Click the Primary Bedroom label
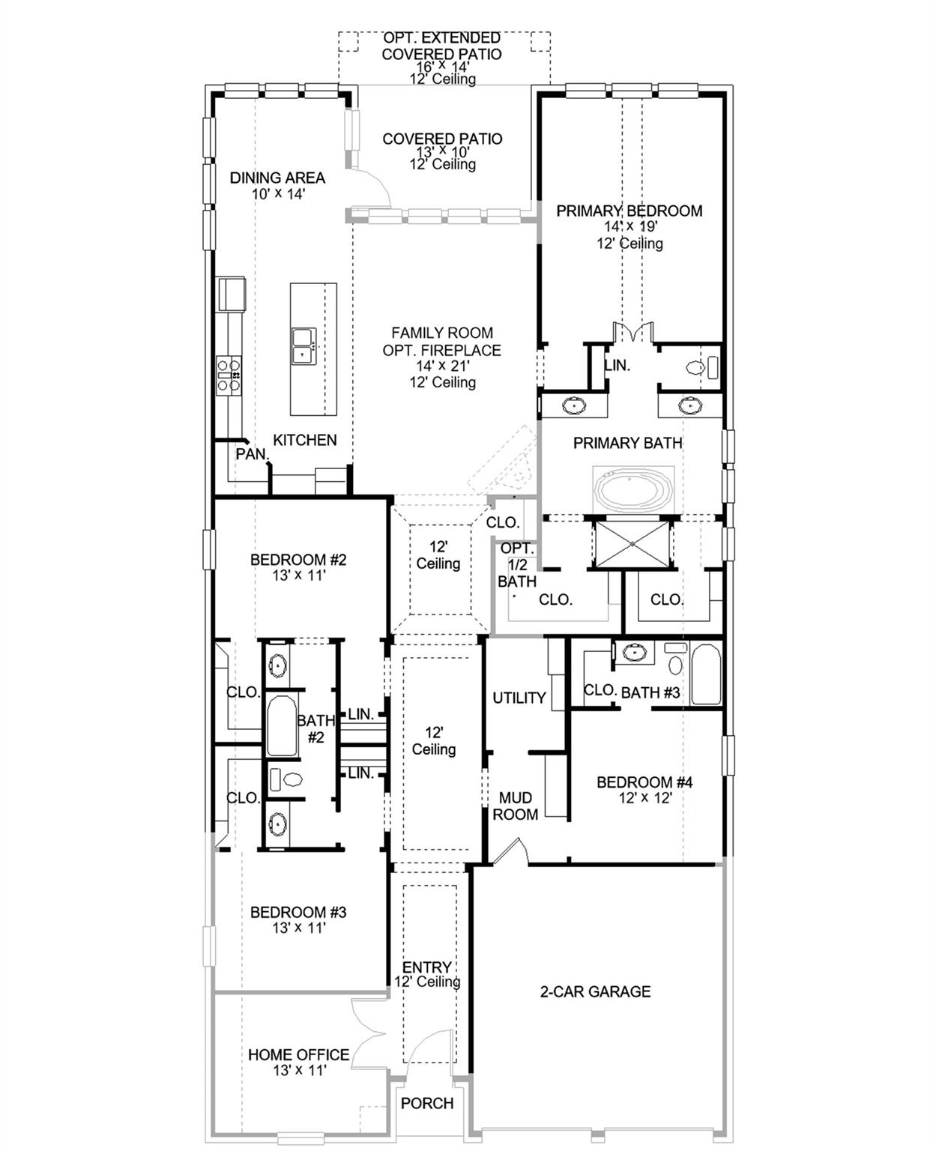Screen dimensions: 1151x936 click(x=629, y=211)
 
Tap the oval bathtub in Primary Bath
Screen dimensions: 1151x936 click(x=634, y=491)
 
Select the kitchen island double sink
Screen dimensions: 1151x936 click(x=304, y=346)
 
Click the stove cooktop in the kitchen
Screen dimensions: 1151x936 click(x=229, y=375)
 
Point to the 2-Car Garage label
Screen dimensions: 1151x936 click(x=595, y=991)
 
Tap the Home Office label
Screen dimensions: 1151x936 click(x=298, y=1054)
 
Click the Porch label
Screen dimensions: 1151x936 click(x=426, y=1103)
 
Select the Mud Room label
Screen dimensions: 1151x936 click(x=515, y=806)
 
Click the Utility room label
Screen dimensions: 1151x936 click(x=519, y=698)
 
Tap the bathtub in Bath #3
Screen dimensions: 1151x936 click(x=705, y=674)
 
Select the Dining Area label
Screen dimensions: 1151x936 click(x=277, y=178)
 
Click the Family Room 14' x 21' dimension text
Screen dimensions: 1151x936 click(x=442, y=366)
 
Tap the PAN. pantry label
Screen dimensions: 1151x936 click(x=251, y=454)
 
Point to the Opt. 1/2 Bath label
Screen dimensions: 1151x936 click(x=517, y=565)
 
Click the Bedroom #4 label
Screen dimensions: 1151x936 click(x=644, y=782)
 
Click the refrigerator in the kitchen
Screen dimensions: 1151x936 click(x=232, y=293)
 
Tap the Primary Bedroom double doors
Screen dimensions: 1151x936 click(x=633, y=333)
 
